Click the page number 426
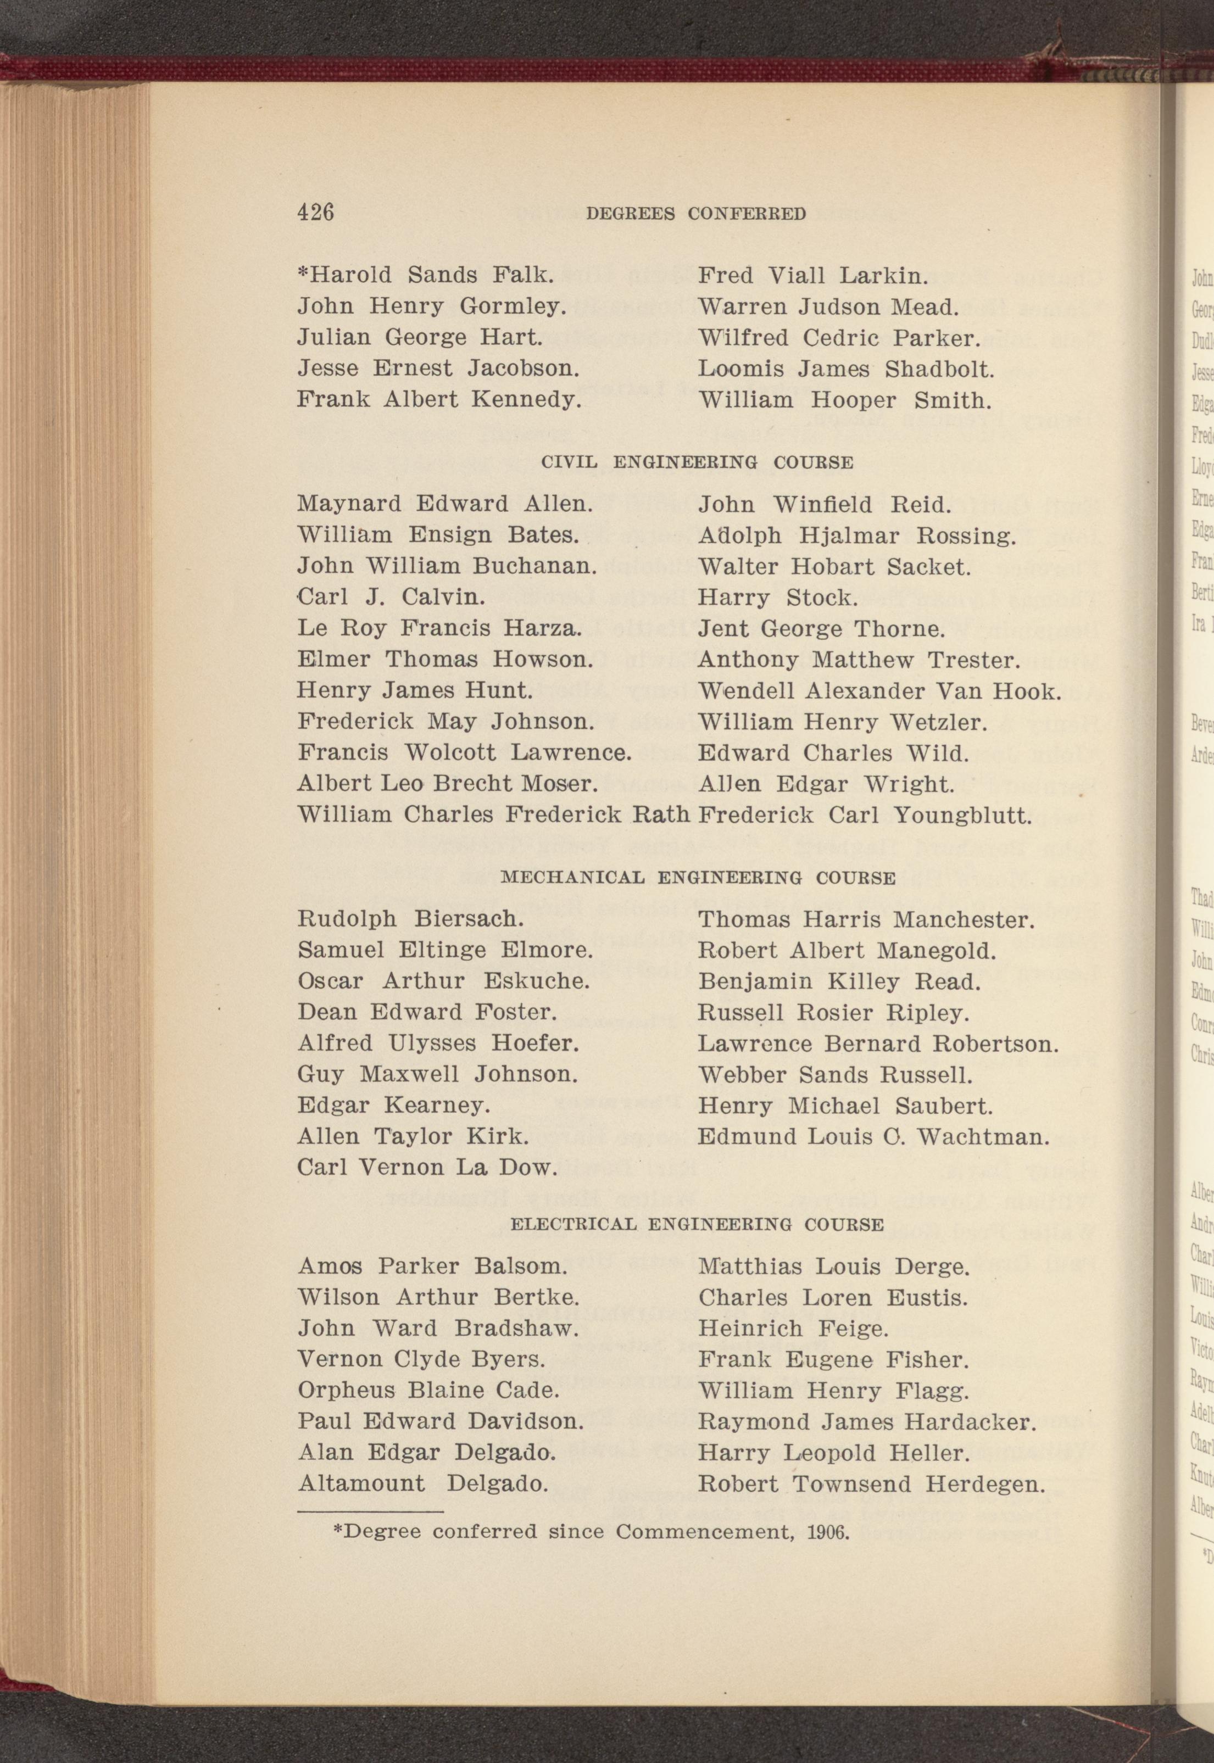click(316, 211)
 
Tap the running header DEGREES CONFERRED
click(696, 214)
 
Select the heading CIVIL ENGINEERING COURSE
click(697, 462)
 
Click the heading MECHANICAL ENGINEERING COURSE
click(698, 878)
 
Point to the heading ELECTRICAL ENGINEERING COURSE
click(697, 1225)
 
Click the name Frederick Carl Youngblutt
click(865, 816)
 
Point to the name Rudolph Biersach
click(411, 919)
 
